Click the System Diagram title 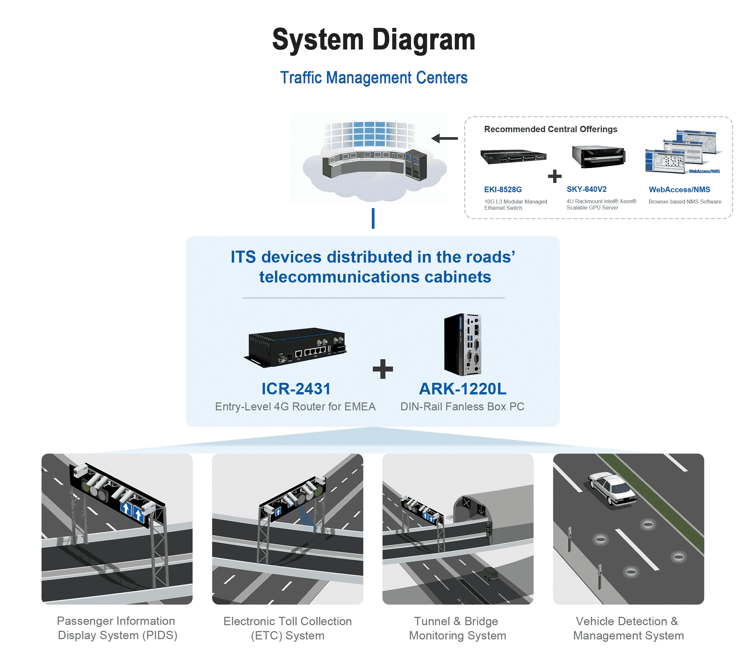[373, 40]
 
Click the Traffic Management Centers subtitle [373, 78]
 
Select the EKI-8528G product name [503, 189]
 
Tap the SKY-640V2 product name [586, 189]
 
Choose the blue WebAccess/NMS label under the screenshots [679, 189]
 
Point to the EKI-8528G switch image [513, 156]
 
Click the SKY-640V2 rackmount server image [599, 156]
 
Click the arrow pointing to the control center [444, 138]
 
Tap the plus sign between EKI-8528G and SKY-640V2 [555, 176]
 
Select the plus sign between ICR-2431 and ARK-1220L [383, 369]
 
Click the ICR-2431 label [296, 389]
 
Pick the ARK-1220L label [463, 389]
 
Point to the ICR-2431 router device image [295, 347]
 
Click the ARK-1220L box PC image [462, 345]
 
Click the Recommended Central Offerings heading [551, 129]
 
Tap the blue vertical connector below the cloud [373, 218]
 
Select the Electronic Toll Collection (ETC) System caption [287, 628]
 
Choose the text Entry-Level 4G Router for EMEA [295, 406]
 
